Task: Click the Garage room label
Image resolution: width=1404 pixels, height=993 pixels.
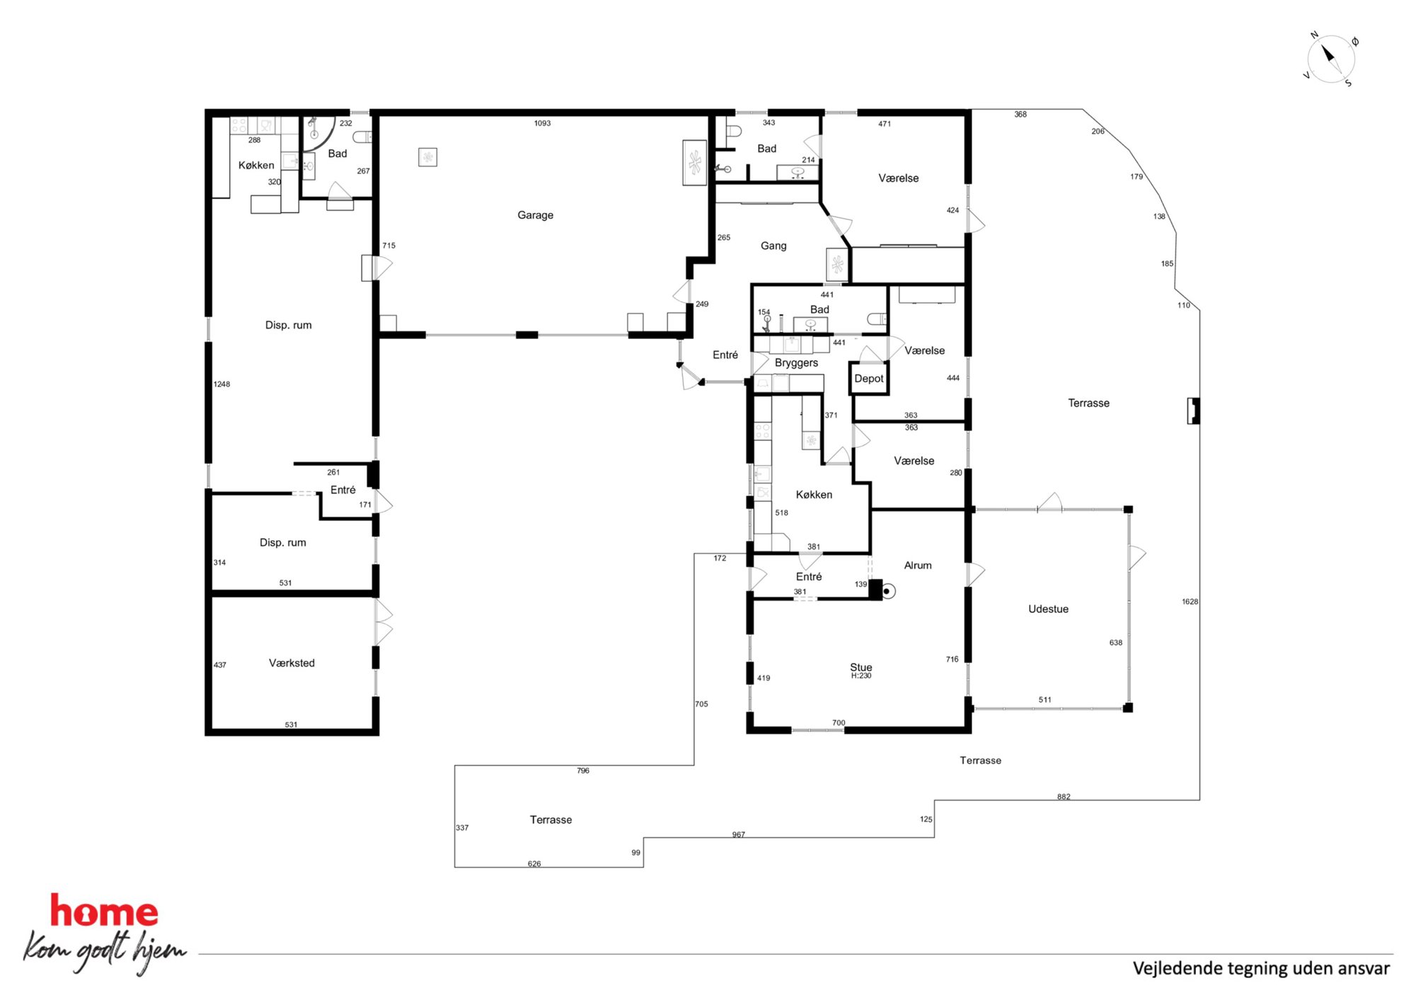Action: point(535,215)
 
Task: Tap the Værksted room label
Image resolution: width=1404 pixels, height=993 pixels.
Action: point(292,663)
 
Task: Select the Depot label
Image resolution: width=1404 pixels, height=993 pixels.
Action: point(869,379)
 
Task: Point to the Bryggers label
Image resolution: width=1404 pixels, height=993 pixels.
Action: point(796,363)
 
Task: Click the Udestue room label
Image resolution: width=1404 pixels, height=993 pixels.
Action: point(1048,609)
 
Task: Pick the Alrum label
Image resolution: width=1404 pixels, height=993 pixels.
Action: point(918,566)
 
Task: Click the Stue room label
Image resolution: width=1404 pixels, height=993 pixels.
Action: point(861,667)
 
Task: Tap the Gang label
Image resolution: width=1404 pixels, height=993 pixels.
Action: point(773,246)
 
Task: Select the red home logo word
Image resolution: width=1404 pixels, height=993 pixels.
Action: point(104,911)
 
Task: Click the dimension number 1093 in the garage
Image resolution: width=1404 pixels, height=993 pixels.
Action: point(542,123)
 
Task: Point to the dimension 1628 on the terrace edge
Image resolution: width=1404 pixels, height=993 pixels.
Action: point(1190,602)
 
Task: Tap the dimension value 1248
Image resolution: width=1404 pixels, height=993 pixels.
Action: point(221,384)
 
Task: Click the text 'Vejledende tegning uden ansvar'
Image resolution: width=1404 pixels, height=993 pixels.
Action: point(1261,968)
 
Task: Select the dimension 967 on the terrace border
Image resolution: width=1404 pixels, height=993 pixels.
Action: point(738,834)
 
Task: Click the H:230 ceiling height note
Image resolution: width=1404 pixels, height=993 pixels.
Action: point(861,676)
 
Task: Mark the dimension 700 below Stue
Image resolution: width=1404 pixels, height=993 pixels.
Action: point(839,723)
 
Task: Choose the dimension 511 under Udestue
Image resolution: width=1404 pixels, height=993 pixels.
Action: point(1045,700)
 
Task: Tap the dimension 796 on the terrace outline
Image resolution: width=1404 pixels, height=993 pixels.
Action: point(582,771)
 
